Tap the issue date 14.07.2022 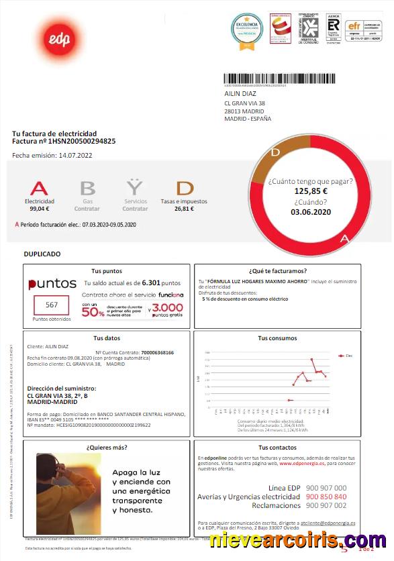75,156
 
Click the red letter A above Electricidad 40,188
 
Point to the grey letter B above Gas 87,188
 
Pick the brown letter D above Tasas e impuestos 185,188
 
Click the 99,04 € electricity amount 40,209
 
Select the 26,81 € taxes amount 184,209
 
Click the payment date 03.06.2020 311,212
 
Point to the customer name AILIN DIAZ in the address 240,94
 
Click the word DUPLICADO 42,254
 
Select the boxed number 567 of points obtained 52,305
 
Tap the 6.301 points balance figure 152,283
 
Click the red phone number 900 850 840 326,497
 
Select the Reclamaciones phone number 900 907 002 326,505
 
